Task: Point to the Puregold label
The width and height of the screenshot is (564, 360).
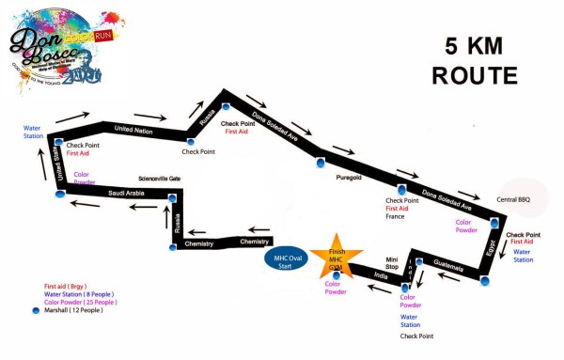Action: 349,189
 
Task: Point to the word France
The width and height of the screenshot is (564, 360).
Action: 396,216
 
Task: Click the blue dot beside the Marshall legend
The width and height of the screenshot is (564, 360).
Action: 36,310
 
